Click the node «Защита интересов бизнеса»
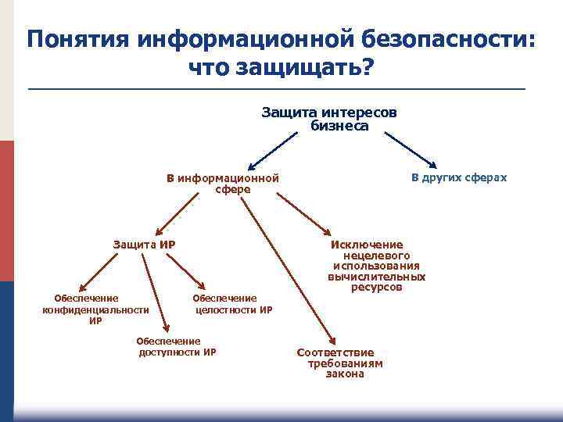click(x=329, y=119)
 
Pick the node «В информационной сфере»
click(x=223, y=183)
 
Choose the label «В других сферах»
click(x=459, y=177)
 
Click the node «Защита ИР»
click(x=144, y=245)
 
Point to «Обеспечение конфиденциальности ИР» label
click(x=95, y=309)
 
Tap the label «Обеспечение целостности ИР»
click(x=233, y=304)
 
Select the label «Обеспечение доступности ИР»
click(x=177, y=346)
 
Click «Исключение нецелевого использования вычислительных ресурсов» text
click(x=377, y=266)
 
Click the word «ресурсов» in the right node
click(x=377, y=288)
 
